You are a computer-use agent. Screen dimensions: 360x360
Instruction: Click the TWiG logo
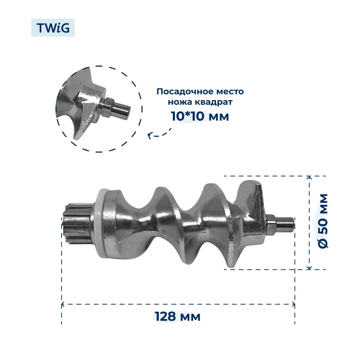[x=53, y=28]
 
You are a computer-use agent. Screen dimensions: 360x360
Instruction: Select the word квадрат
[x=213, y=102]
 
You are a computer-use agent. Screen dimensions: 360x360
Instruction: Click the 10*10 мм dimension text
[x=200, y=116]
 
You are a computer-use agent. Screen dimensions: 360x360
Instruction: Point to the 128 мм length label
[x=177, y=316]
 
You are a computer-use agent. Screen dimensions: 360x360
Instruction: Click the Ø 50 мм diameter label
[x=323, y=221]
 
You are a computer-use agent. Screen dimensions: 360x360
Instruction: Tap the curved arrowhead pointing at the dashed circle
[x=149, y=136]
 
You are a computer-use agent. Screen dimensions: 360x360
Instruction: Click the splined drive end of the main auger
[x=77, y=224]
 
